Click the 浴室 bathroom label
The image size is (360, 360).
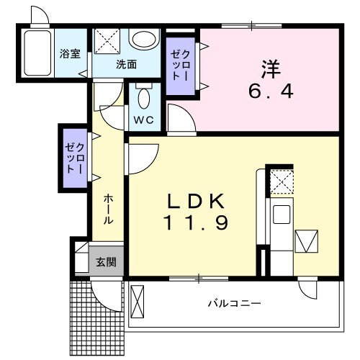(x=70, y=53)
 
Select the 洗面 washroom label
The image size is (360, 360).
(x=127, y=64)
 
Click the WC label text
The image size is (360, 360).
(x=143, y=120)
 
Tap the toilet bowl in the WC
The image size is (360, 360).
(x=143, y=96)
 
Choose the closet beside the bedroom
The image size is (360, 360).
(x=181, y=66)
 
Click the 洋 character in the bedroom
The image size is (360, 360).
(x=270, y=68)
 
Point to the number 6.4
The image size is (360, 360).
(x=271, y=94)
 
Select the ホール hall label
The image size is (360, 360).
(x=107, y=210)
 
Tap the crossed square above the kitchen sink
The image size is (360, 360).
(x=281, y=180)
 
